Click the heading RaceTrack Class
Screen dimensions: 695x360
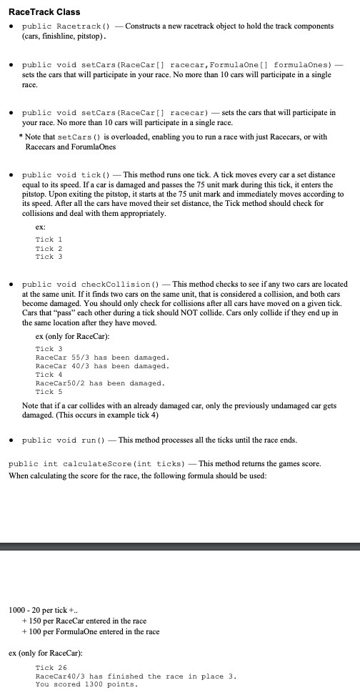tap(44, 12)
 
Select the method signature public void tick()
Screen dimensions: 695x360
tap(71, 174)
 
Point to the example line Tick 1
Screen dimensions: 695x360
tap(49, 239)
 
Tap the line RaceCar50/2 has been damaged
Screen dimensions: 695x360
tap(100, 383)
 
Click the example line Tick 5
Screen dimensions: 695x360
tap(49, 392)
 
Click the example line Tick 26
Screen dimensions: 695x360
tap(51, 667)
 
